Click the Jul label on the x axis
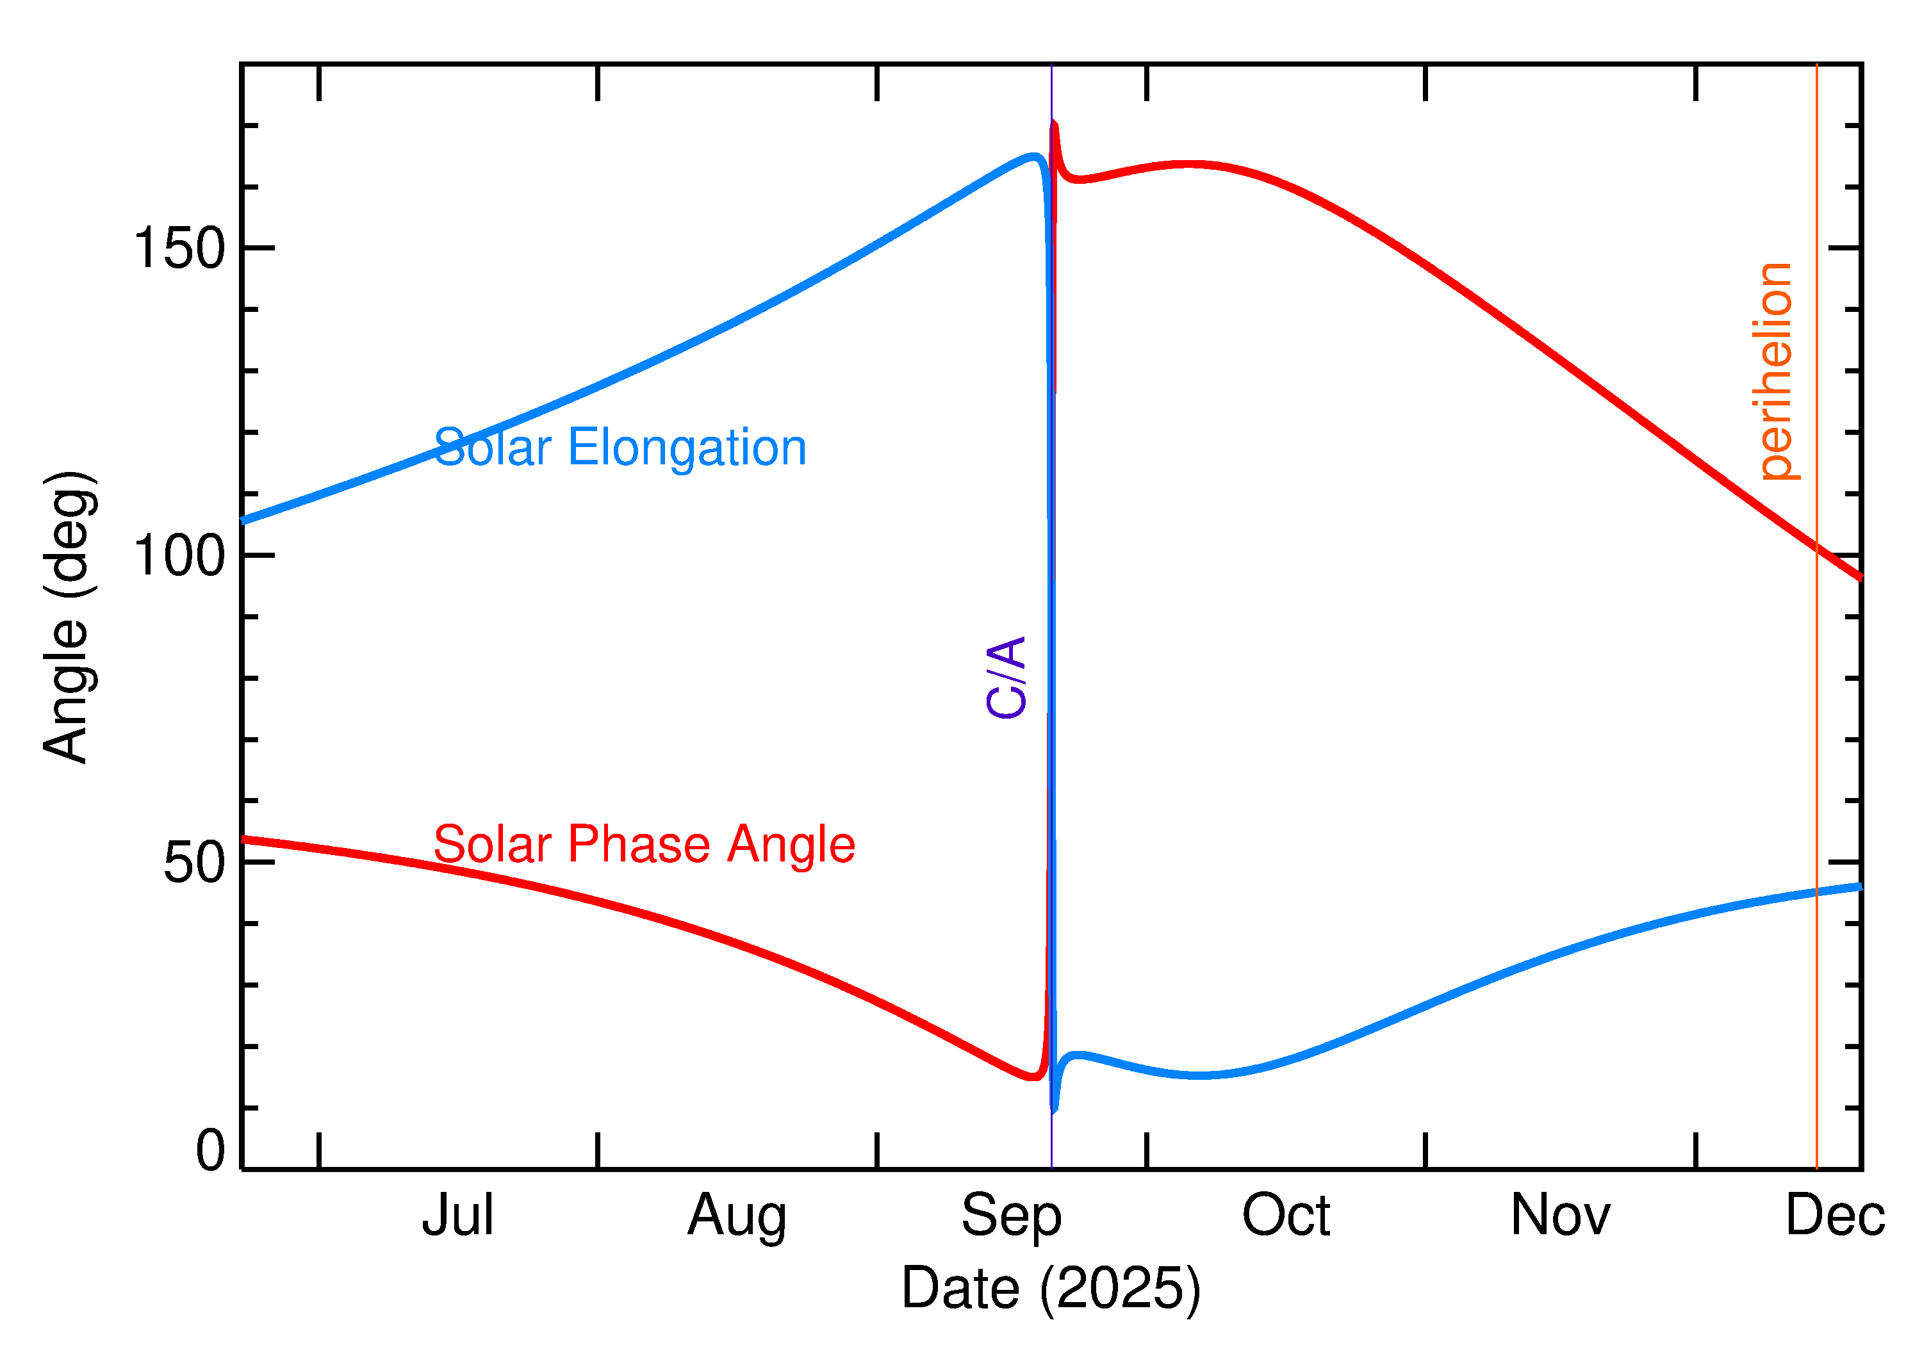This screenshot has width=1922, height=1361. click(457, 1216)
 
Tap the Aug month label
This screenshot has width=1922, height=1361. click(737, 1216)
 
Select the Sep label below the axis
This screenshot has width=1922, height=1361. click(1012, 1216)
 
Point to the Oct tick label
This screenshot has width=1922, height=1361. click(1286, 1216)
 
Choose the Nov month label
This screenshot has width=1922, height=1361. click(1560, 1216)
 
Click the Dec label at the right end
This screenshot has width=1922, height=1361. click(1835, 1216)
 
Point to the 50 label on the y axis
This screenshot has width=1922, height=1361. click(195, 862)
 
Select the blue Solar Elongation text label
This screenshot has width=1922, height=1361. click(620, 448)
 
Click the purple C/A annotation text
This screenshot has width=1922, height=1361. click(1006, 677)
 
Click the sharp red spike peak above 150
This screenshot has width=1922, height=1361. click(1054, 124)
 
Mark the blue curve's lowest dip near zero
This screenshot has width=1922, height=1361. click(1055, 1111)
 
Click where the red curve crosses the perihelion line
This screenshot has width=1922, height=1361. click(1817, 547)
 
